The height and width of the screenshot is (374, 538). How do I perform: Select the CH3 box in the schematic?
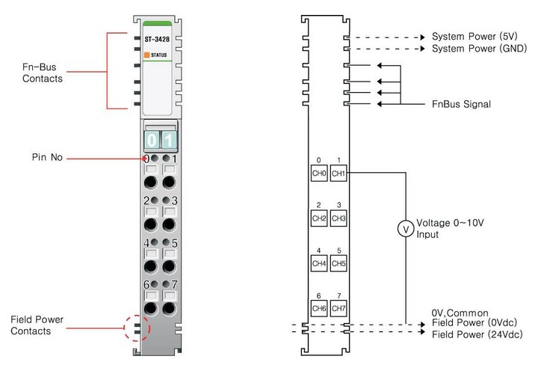tap(338, 218)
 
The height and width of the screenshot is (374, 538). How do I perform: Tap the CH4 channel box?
tap(319, 263)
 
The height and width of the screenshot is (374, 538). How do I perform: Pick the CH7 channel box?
tap(338, 308)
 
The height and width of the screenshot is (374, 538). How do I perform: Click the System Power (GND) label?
tap(478, 49)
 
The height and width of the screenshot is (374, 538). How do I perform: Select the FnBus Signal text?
tap(462, 104)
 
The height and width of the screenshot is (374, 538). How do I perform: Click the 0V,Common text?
tap(460, 313)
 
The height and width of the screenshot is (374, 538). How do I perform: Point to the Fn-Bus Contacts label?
tap(43, 72)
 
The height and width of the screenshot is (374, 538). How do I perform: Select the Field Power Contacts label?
tap(37, 325)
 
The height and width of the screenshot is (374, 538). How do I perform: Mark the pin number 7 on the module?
tap(174, 284)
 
